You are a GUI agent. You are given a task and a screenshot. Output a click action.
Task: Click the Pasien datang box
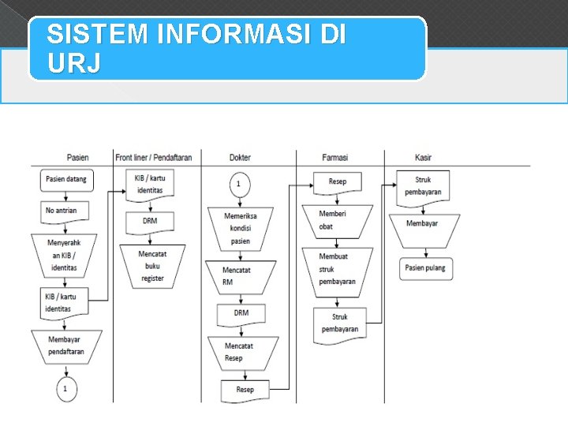pos(66,179)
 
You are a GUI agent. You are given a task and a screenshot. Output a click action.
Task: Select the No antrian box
pos(66,211)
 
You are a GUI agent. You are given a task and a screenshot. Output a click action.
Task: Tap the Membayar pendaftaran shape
pos(66,346)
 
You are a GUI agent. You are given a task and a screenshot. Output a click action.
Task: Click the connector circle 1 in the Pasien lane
pos(66,389)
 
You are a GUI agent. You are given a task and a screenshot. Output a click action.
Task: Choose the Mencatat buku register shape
pos(152,265)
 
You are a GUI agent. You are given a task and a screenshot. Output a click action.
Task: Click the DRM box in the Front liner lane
pos(150,221)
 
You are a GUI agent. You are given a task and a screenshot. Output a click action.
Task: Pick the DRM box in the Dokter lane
pos(241,312)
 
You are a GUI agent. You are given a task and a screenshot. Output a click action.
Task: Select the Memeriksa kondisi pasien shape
pos(241,228)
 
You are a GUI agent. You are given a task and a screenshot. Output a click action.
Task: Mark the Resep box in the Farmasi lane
pos(338,181)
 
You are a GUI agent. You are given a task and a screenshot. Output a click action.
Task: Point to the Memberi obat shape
pos(337,220)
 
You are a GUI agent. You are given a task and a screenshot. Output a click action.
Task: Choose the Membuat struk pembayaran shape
pos(337,269)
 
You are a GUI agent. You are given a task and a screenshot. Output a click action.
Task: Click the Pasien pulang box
pos(425,267)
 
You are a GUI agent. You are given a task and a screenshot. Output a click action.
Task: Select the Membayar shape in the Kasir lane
pos(424,224)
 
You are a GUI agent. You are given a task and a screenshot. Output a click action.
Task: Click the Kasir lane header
pos(423,158)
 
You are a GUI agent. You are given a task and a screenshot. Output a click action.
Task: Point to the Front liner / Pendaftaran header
pos(153,158)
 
